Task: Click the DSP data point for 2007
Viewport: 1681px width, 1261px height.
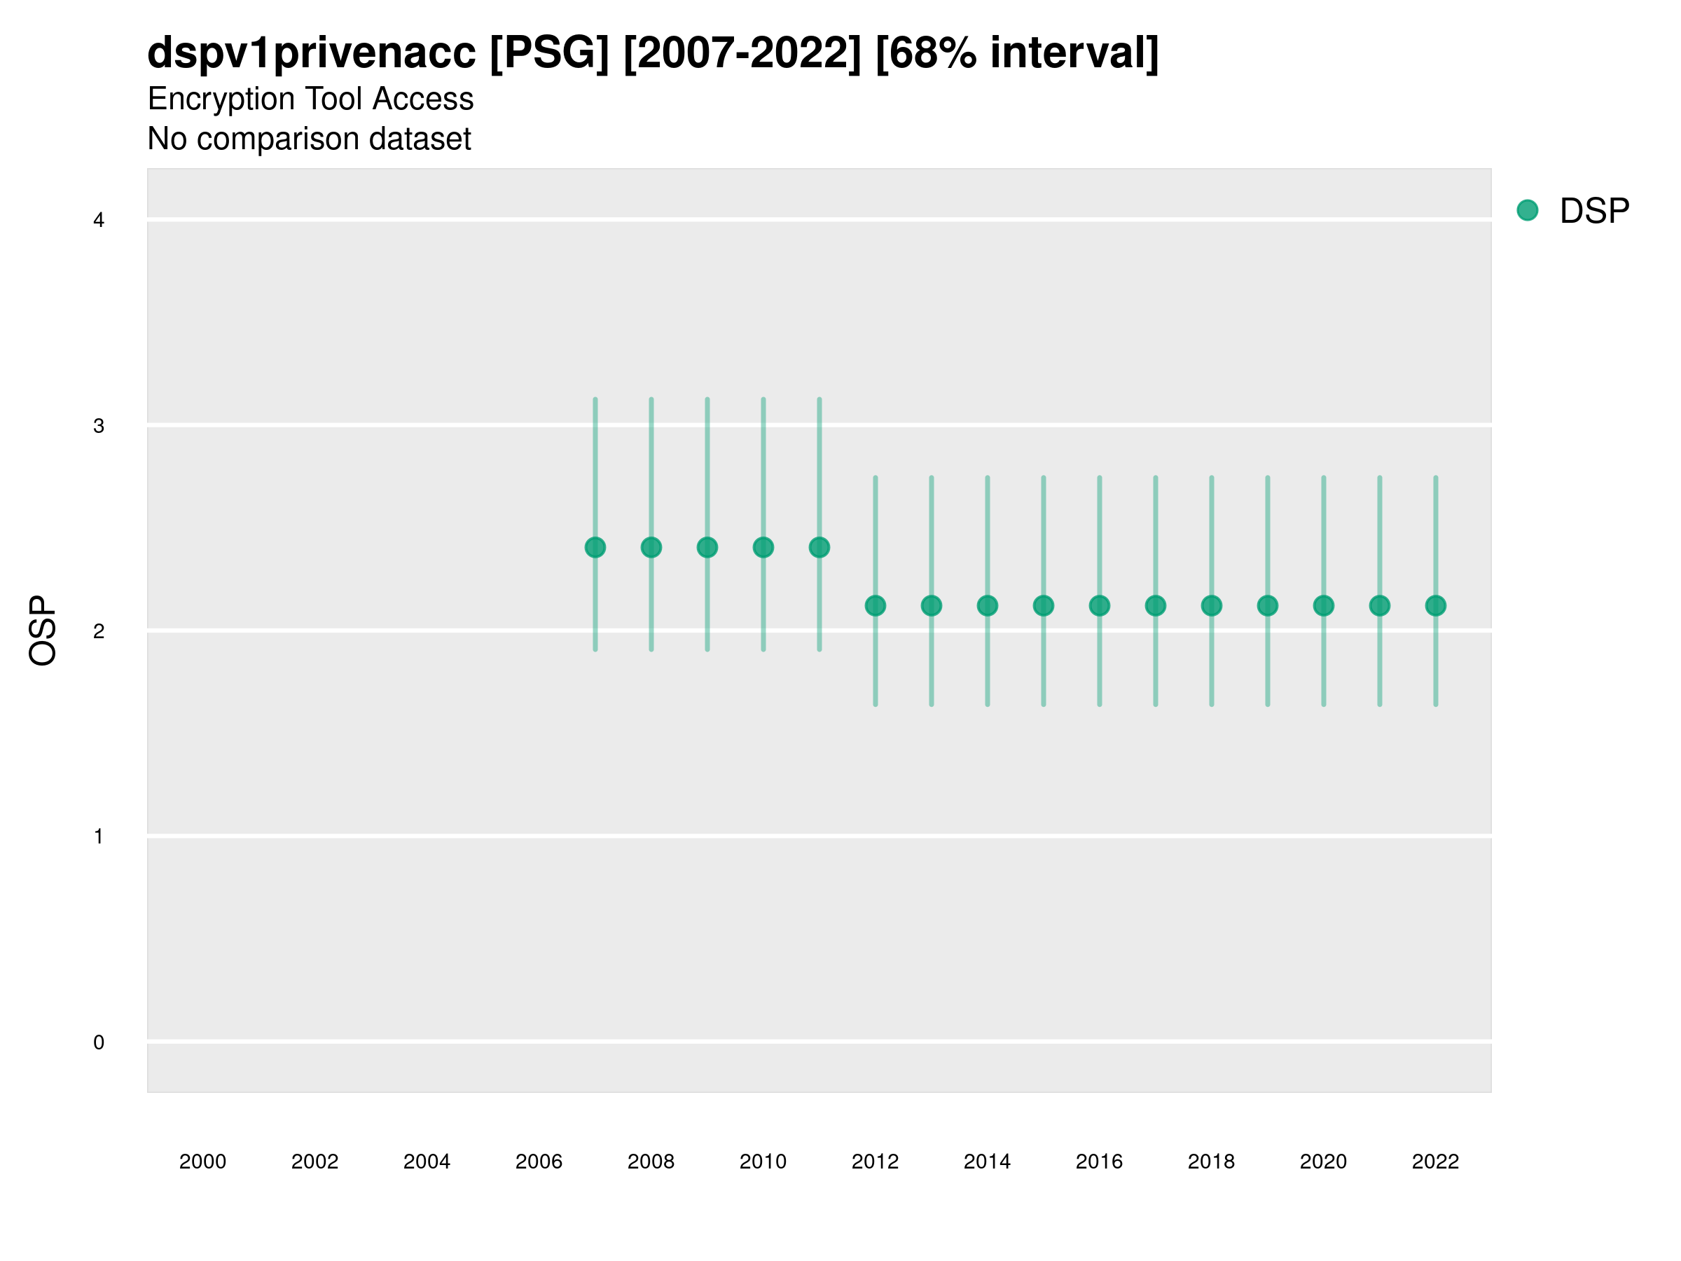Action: [x=595, y=547]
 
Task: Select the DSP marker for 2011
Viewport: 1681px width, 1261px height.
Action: [x=819, y=547]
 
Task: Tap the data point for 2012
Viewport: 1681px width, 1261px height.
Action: [x=876, y=606]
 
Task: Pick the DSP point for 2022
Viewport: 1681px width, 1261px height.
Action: [x=1436, y=606]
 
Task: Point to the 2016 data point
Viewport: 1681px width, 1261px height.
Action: [x=1100, y=606]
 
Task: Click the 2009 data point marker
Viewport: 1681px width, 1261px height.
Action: [x=707, y=547]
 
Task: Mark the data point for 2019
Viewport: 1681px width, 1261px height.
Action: [x=1268, y=606]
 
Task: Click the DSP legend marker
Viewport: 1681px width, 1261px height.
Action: [x=1528, y=209]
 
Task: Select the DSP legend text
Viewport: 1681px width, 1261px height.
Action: [x=1594, y=212]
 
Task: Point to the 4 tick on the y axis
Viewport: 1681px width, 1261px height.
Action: [x=99, y=221]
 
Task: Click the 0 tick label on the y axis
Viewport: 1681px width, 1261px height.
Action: [x=99, y=1042]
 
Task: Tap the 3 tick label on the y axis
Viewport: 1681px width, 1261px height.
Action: [x=99, y=426]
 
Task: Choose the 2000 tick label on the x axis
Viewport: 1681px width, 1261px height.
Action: [x=203, y=1162]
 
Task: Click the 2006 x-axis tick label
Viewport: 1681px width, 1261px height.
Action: [x=539, y=1162]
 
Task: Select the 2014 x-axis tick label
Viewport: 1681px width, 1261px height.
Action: [x=987, y=1162]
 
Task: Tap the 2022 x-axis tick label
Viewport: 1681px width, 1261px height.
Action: [x=1436, y=1162]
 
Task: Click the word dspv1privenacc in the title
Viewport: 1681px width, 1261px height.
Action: [x=311, y=53]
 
